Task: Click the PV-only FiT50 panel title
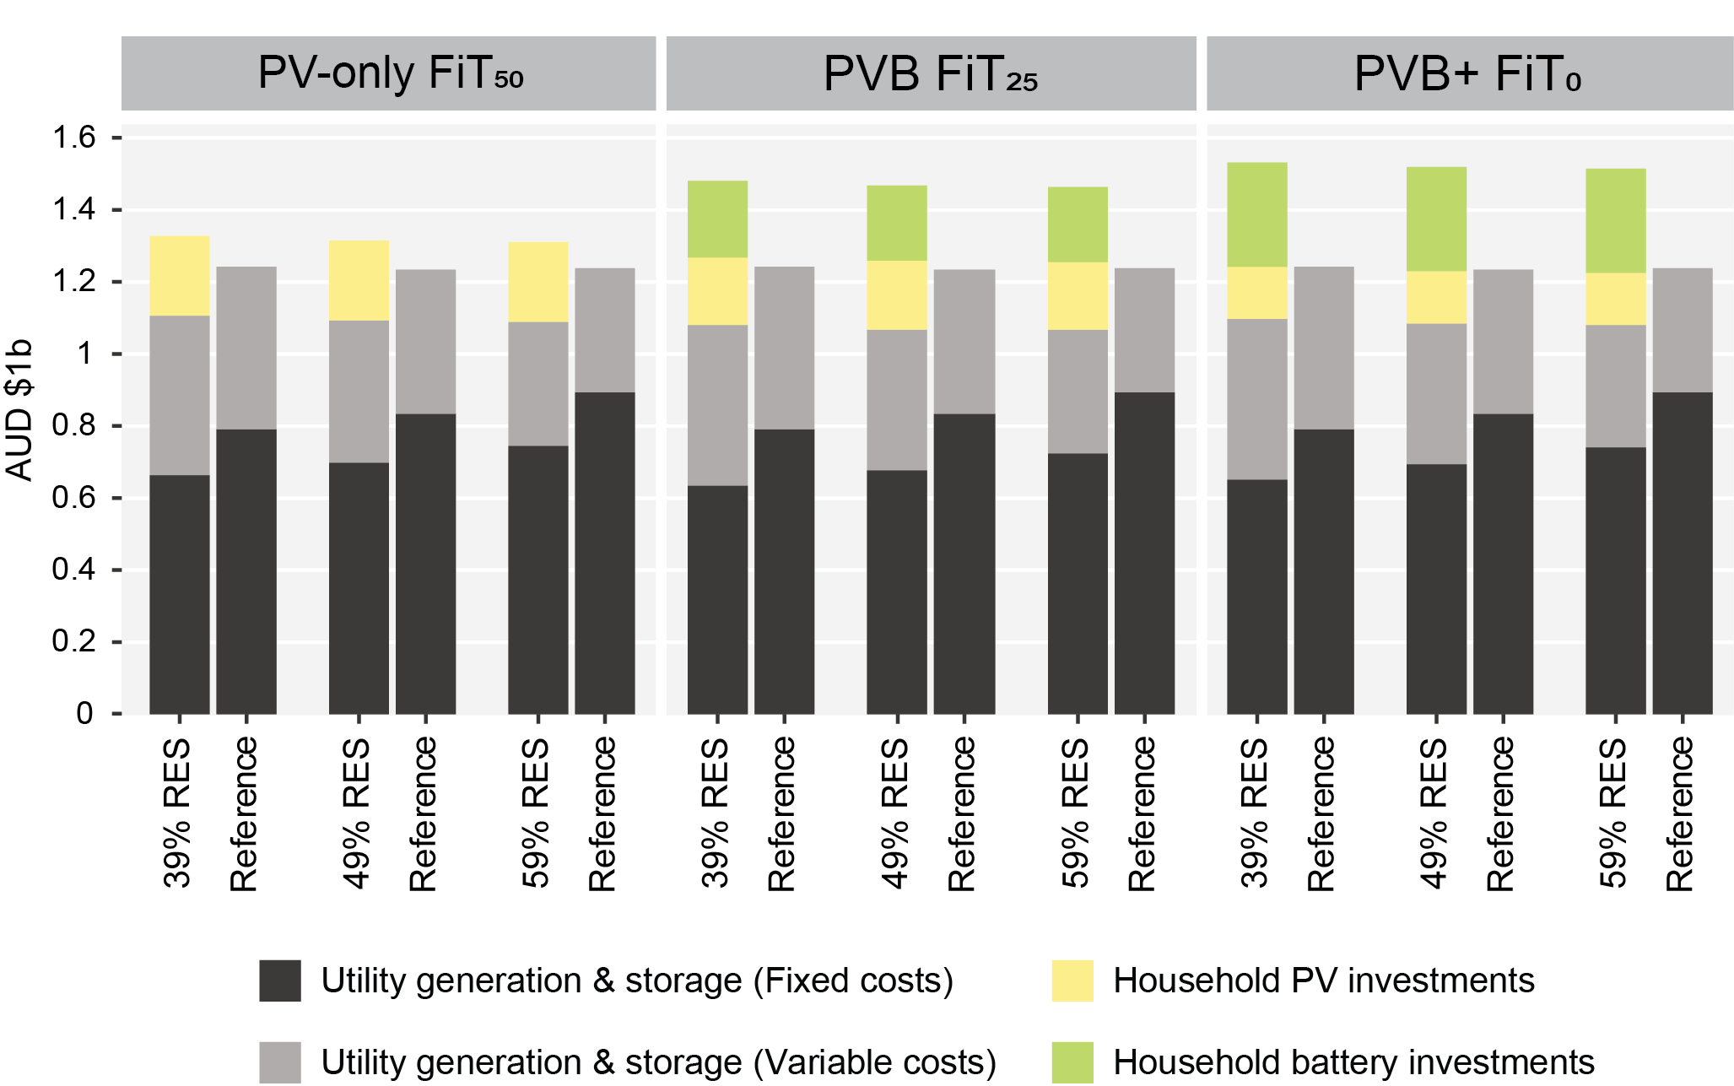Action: point(389,73)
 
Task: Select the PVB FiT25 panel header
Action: point(930,73)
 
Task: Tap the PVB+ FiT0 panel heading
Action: point(1467,73)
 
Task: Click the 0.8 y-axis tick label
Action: point(74,426)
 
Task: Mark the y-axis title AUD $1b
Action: point(19,410)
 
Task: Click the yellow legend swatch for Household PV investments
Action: point(1072,981)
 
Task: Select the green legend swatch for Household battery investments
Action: point(1072,1062)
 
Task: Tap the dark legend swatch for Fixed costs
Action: point(280,981)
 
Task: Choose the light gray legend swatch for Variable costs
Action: point(280,1062)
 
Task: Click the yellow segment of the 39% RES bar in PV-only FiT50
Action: point(179,276)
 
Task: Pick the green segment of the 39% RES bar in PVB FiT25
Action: point(717,219)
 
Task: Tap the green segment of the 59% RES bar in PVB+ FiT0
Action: point(1615,221)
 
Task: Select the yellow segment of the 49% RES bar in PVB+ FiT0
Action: point(1436,297)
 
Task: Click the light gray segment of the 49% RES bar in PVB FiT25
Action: point(897,400)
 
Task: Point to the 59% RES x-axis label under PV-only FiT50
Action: point(537,813)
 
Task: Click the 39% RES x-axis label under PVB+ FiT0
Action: point(1256,813)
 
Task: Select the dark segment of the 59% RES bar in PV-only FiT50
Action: point(537,580)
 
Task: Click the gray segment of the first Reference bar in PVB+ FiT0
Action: point(1323,348)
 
